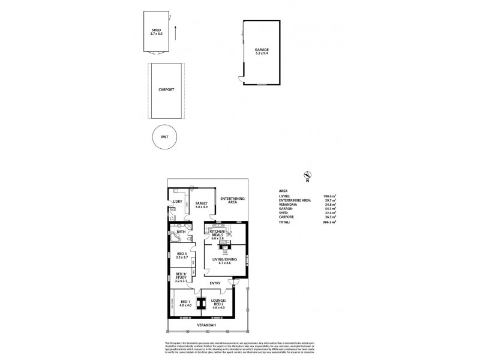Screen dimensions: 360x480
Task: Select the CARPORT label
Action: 166,89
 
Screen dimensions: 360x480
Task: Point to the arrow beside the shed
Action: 175,32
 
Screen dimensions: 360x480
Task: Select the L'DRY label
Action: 178,202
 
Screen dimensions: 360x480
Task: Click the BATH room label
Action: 181,232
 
